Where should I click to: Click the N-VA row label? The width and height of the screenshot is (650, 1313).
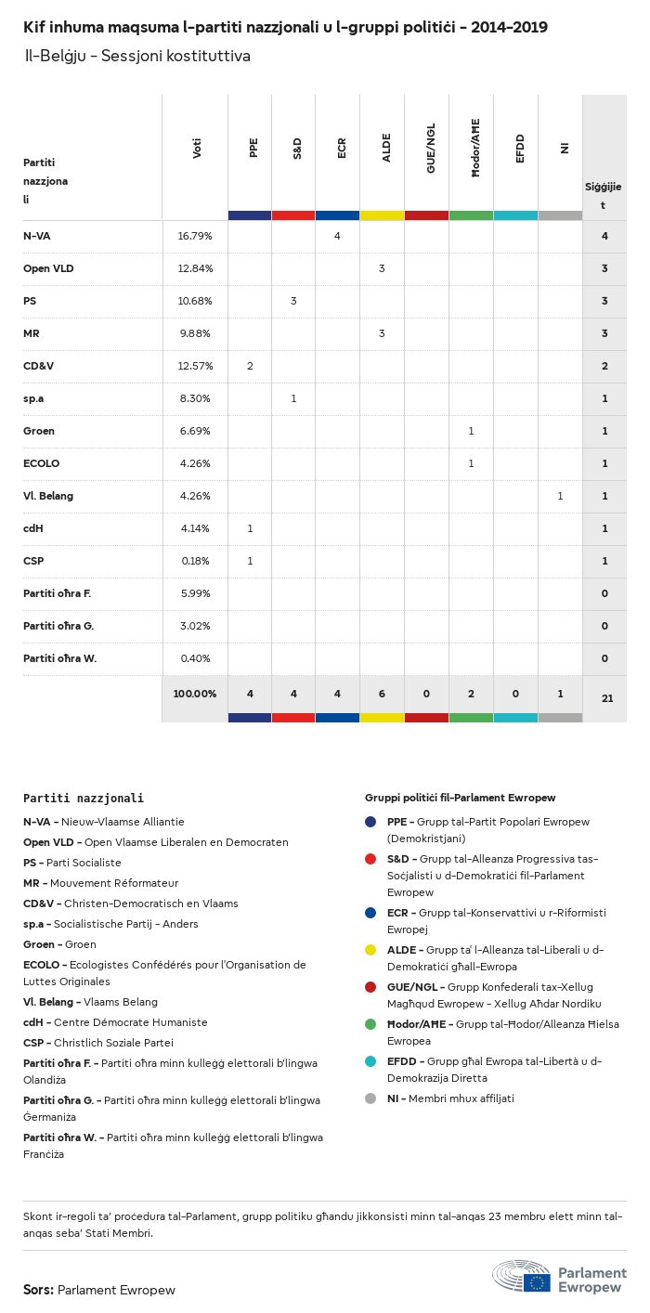[x=37, y=236]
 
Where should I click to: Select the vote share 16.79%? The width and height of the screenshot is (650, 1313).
[x=195, y=236]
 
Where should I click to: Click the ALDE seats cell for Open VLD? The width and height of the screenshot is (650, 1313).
[x=382, y=268]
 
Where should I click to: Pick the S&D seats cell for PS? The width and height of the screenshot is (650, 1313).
[x=293, y=301]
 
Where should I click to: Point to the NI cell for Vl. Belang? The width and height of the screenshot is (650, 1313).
[x=560, y=496]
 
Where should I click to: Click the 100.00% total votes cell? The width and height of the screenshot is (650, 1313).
[x=195, y=694]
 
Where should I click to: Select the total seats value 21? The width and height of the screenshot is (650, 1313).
[x=607, y=697]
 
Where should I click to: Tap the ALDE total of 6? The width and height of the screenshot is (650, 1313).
[x=382, y=694]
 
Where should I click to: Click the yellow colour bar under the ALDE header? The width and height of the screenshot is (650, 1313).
[x=382, y=215]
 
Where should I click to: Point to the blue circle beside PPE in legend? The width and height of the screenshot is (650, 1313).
[x=370, y=822]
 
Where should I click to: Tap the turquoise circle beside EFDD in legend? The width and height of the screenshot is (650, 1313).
[x=370, y=1061]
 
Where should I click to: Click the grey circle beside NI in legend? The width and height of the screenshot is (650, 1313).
[x=370, y=1098]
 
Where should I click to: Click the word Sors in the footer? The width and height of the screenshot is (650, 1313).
[x=37, y=1290]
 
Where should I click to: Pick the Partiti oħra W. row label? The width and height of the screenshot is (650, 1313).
[x=60, y=658]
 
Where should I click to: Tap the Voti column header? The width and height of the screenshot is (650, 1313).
[x=197, y=149]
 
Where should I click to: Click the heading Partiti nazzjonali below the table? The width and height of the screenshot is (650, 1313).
[x=84, y=798]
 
